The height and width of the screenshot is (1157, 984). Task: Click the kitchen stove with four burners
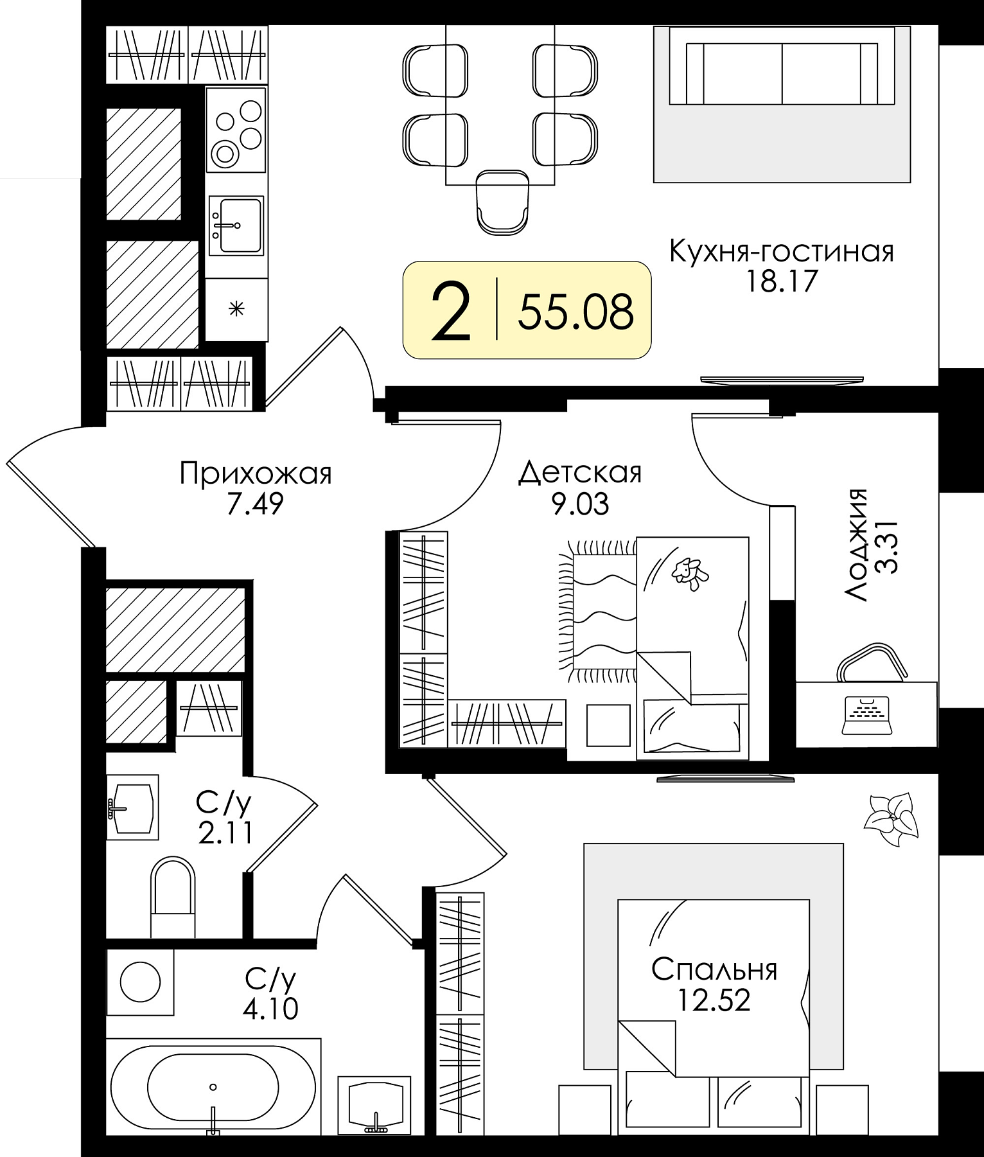tap(235, 129)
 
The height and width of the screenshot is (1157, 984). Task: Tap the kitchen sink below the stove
tap(236, 225)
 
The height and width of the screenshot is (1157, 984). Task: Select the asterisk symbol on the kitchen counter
tap(237, 310)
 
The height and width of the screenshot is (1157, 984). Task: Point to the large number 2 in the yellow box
tap(452, 311)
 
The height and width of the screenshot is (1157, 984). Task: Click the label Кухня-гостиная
tap(782, 252)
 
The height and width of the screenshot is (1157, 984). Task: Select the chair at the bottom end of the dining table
tap(503, 202)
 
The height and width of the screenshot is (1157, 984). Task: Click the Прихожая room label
tap(256, 475)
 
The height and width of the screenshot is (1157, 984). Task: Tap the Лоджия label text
tap(856, 545)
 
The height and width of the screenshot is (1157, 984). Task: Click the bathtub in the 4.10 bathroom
tap(213, 1087)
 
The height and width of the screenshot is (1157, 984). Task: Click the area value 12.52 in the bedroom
tap(714, 1000)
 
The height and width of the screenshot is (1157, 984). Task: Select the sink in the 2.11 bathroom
tap(132, 807)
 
